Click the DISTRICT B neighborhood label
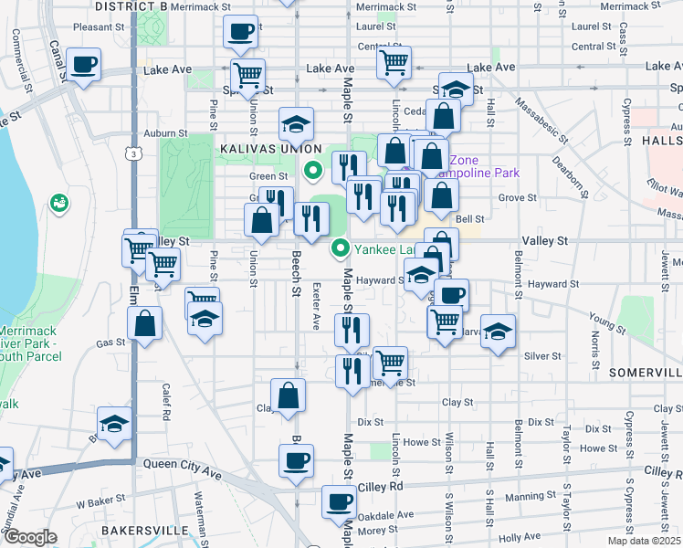coord(131,6)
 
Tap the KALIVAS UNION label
coord(269,148)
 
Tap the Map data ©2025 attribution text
coord(643,541)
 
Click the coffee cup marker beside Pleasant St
coord(241,32)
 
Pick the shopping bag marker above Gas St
coord(145,323)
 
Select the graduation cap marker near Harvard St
coord(498,332)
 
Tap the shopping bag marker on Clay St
coord(288,396)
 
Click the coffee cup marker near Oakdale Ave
coord(340,501)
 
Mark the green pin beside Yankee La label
coord(341,247)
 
